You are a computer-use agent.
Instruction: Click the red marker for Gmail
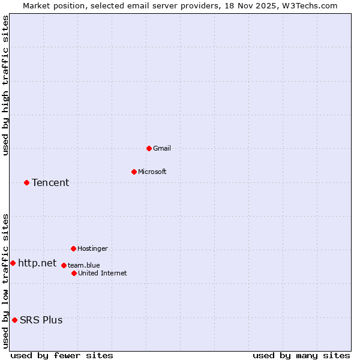[x=149, y=148]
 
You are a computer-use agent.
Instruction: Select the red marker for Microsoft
[x=134, y=172]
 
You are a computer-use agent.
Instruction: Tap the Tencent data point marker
[x=26, y=182]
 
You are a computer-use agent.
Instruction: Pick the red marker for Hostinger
[x=73, y=248]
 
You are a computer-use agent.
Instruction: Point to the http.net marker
[x=13, y=263]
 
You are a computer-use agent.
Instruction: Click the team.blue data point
[x=64, y=265]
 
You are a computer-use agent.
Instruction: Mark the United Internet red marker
[x=74, y=273]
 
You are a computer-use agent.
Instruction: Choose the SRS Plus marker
[x=14, y=320]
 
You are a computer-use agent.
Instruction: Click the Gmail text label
[x=162, y=148]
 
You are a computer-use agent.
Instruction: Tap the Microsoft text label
[x=152, y=172]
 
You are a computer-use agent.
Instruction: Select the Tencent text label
[x=50, y=182]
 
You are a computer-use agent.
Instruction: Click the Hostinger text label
[x=92, y=248]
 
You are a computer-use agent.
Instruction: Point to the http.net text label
[x=37, y=263]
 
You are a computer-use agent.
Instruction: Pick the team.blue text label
[x=83, y=265]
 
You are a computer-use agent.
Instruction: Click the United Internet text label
[x=102, y=273]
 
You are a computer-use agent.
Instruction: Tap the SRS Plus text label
[x=41, y=320]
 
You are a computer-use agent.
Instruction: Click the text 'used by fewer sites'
[x=62, y=355]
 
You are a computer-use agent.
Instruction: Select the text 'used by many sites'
[x=301, y=355]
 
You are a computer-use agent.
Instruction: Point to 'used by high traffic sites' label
[x=5, y=86]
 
